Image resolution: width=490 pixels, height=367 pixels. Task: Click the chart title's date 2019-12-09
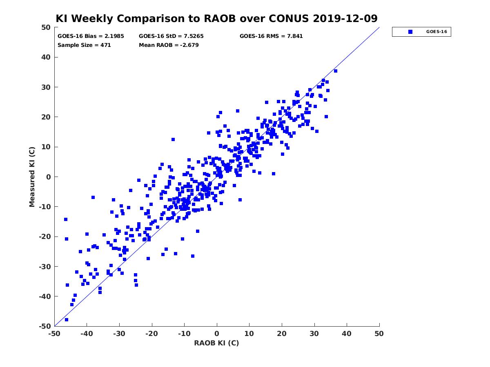tap(345, 18)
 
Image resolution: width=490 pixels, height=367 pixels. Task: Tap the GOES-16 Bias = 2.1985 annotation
tap(91, 36)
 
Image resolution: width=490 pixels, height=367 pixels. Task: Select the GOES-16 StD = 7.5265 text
tap(171, 36)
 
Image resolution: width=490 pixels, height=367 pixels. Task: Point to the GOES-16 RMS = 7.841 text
tap(271, 36)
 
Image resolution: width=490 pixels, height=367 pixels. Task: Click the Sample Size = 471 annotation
tap(84, 45)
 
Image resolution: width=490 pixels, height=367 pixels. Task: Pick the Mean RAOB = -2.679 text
tap(169, 45)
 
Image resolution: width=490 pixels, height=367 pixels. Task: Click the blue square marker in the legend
tap(410, 32)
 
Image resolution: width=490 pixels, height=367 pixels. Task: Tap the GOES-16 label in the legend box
tap(437, 32)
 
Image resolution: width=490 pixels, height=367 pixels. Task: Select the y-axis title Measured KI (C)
tap(32, 177)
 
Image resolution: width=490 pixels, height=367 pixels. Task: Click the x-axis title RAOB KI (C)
tap(216, 343)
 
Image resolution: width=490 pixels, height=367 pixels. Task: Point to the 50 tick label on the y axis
tap(46, 27)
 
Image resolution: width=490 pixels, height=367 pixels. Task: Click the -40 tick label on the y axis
tap(45, 296)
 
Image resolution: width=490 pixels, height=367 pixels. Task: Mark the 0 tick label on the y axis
tap(49, 177)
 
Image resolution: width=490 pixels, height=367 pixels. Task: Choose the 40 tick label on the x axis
tap(347, 334)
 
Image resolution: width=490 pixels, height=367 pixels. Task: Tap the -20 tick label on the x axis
tap(152, 334)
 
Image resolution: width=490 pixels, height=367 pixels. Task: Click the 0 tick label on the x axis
tap(217, 334)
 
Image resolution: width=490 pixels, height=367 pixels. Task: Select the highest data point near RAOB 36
tap(335, 71)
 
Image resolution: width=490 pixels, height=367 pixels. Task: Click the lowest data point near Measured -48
tap(66, 320)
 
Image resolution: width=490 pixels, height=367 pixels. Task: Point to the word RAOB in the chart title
tap(220, 18)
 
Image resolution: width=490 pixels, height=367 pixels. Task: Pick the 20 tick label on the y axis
tap(46, 117)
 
